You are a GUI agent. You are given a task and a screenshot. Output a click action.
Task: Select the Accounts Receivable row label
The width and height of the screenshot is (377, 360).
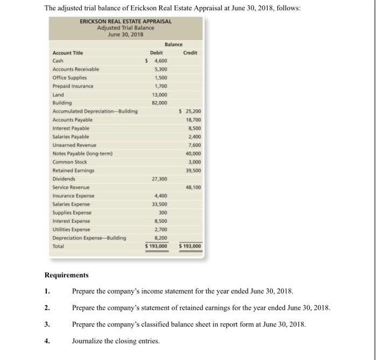pyautogui.click(x=75, y=69)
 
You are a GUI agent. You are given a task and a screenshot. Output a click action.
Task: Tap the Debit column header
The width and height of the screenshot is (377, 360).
pyautogui.click(x=156, y=52)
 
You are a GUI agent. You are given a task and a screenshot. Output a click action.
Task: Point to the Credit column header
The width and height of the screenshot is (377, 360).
pyautogui.click(x=190, y=52)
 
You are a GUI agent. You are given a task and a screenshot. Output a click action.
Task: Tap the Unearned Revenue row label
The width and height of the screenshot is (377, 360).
pyautogui.click(x=74, y=145)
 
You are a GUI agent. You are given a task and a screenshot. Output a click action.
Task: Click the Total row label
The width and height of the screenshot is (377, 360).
pyautogui.click(x=58, y=246)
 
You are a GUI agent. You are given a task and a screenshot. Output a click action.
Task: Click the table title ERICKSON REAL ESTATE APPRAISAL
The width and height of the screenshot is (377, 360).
pyautogui.click(x=125, y=22)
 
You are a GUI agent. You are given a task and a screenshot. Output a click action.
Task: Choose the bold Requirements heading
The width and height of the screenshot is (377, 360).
pyautogui.click(x=66, y=274)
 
